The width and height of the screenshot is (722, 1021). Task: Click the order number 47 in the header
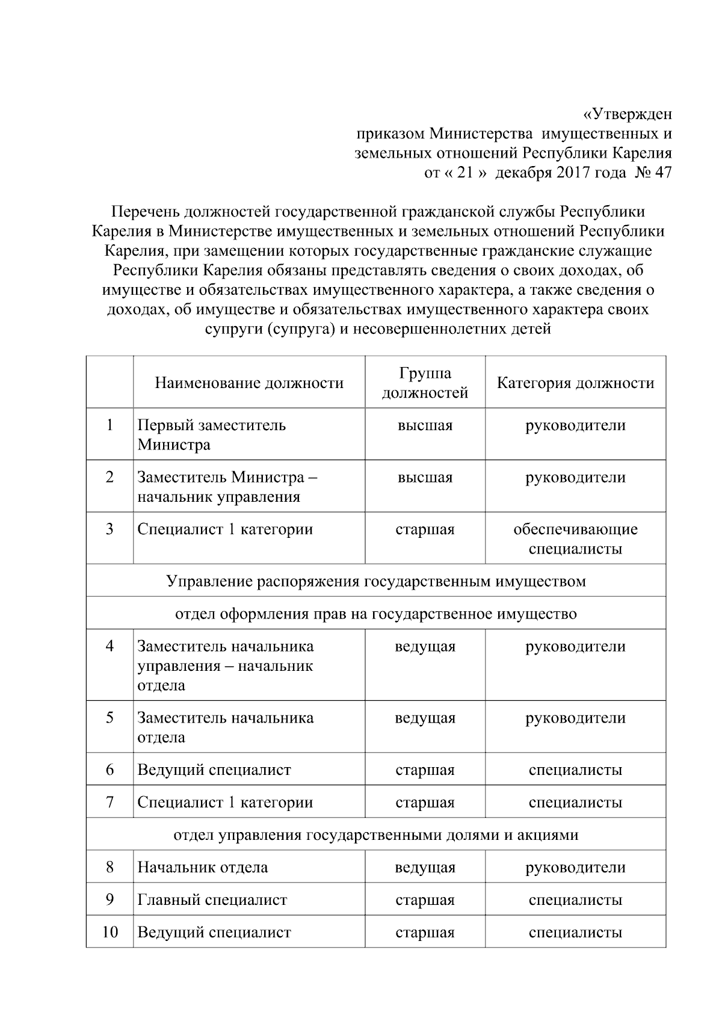click(662, 173)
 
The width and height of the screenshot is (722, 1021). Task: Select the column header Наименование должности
click(249, 383)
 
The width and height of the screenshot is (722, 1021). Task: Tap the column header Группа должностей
click(425, 383)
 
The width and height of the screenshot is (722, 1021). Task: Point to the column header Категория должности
click(575, 383)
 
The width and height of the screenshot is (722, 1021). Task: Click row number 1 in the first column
click(110, 425)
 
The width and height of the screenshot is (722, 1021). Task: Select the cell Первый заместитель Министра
click(212, 435)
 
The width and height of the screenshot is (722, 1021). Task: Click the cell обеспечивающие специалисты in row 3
click(575, 539)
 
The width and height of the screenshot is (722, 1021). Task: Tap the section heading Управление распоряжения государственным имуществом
click(375, 581)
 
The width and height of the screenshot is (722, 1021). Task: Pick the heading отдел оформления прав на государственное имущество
click(375, 614)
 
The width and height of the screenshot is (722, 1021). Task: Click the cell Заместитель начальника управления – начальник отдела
click(226, 665)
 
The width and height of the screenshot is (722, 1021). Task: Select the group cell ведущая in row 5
click(425, 718)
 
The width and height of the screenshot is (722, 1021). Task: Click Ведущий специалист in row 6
click(214, 770)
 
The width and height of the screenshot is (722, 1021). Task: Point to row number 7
click(110, 803)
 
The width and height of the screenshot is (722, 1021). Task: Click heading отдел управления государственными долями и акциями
click(375, 835)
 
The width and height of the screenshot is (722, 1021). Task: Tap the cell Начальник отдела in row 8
click(203, 868)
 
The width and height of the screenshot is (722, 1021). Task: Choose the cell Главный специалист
click(212, 900)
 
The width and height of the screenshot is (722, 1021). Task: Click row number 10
click(110, 933)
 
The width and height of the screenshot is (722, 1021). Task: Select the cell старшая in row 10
click(425, 933)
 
